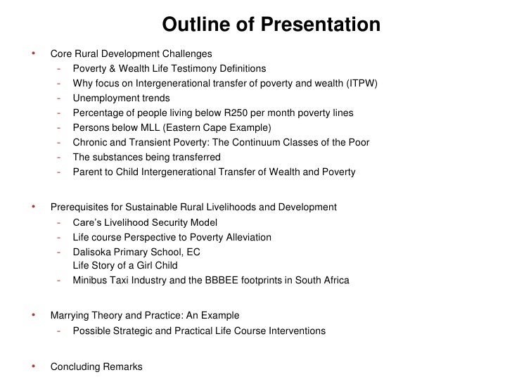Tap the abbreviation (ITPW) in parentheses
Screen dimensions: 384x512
[361, 84]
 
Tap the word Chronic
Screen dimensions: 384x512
[90, 143]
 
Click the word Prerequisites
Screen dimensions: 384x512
[81, 207]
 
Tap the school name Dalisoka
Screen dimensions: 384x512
[93, 252]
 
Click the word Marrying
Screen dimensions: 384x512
[72, 316]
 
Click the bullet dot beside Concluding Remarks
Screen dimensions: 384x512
[33, 366]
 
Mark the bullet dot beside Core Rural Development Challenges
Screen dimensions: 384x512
[33, 53]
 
